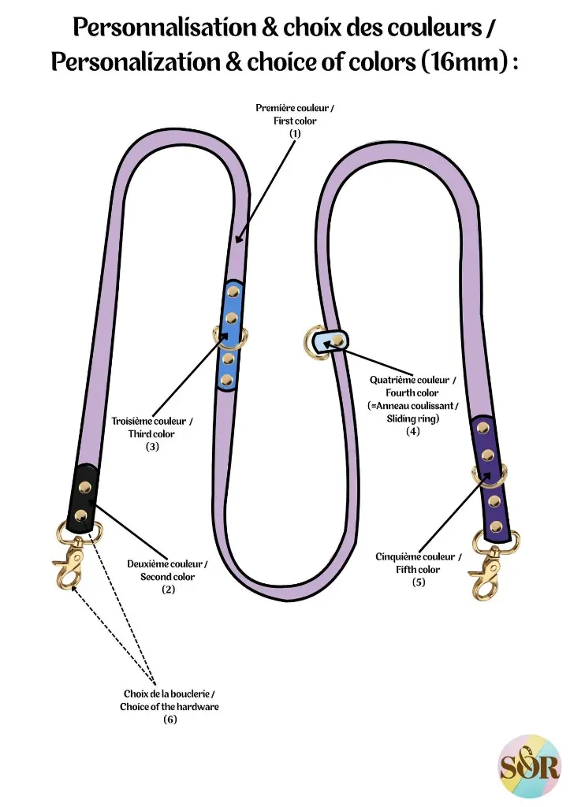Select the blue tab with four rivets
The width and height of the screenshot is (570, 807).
click(229, 335)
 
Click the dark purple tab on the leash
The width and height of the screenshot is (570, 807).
click(491, 479)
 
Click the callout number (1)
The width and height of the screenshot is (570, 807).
click(295, 134)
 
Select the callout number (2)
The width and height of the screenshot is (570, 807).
click(168, 589)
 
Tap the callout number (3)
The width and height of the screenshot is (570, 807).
click(152, 447)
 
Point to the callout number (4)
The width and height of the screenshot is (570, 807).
click(412, 431)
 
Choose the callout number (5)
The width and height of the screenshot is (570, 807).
click(419, 582)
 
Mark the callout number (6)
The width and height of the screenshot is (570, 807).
click(170, 720)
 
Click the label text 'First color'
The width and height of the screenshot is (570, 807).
click(295, 121)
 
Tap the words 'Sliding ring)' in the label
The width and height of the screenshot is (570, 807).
click(412, 418)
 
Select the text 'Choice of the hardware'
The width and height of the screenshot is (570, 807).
click(170, 707)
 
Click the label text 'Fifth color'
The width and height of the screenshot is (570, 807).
click(419, 570)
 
